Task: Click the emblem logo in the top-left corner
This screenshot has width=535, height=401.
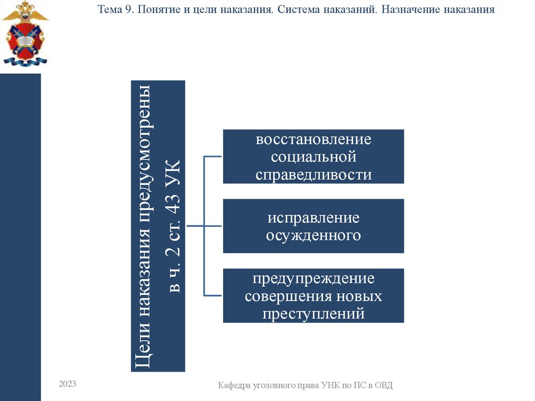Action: click(x=25, y=33)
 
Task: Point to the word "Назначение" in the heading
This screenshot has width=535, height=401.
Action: click(x=411, y=10)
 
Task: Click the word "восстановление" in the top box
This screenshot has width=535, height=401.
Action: click(x=313, y=140)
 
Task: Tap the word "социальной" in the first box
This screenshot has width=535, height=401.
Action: click(x=313, y=157)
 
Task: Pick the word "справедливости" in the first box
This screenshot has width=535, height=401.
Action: click(x=313, y=174)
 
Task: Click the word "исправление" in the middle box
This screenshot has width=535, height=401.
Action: click(x=313, y=218)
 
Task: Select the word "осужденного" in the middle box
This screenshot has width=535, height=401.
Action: click(x=313, y=235)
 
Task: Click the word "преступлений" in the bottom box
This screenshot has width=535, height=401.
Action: click(x=313, y=314)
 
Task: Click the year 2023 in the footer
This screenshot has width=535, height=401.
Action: click(x=67, y=384)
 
